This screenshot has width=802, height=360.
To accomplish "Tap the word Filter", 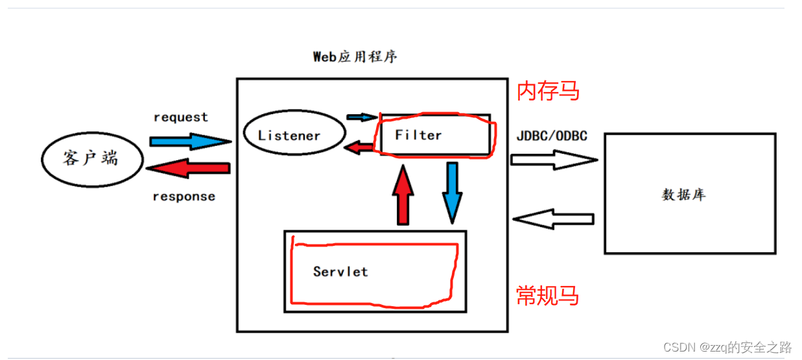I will pyautogui.click(x=418, y=135).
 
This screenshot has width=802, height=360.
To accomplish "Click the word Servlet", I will pyautogui.click(x=340, y=271).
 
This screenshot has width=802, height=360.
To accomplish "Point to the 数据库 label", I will pyautogui.click(x=683, y=195).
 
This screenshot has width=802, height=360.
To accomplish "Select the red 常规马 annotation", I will pyautogui.click(x=547, y=296).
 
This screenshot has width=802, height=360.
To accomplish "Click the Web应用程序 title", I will pyautogui.click(x=355, y=56).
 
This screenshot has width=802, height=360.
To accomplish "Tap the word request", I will pyautogui.click(x=181, y=117).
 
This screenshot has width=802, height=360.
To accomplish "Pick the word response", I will pyautogui.click(x=183, y=197).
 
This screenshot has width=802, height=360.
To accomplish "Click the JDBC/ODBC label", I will pyautogui.click(x=552, y=136).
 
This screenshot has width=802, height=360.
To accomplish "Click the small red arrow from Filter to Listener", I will pyautogui.click(x=359, y=148).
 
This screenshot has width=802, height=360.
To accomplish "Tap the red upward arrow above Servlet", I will pyautogui.click(x=403, y=193).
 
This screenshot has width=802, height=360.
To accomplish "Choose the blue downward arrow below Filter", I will pyautogui.click(x=452, y=192).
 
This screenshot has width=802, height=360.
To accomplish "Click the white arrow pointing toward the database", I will pyautogui.click(x=553, y=160).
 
